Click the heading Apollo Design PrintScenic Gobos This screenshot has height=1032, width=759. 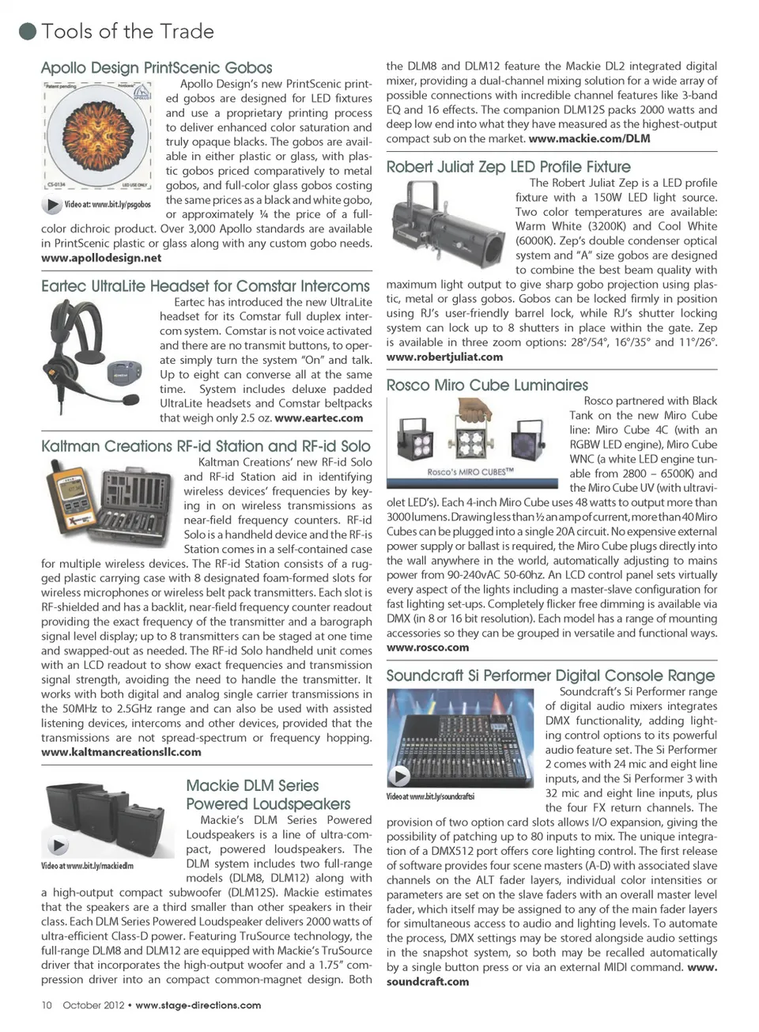tap(157, 68)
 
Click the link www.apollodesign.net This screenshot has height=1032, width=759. tap(101, 258)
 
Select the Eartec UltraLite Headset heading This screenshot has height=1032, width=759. tap(206, 286)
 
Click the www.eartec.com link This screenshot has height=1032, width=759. tap(319, 418)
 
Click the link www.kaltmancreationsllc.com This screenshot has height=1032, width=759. tap(121, 752)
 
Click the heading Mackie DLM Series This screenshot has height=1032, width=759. tap(252, 785)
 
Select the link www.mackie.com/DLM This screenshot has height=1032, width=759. tap(589, 138)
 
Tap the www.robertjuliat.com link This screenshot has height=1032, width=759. tap(444, 357)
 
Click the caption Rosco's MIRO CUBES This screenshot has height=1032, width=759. tap(470, 471)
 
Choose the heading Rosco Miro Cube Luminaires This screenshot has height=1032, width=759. tap(487, 385)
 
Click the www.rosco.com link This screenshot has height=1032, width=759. tap(427, 647)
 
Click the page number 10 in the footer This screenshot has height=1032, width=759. tap(47, 1005)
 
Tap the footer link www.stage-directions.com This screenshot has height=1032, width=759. tap(198, 1005)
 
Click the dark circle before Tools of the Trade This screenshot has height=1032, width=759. tap(28, 32)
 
